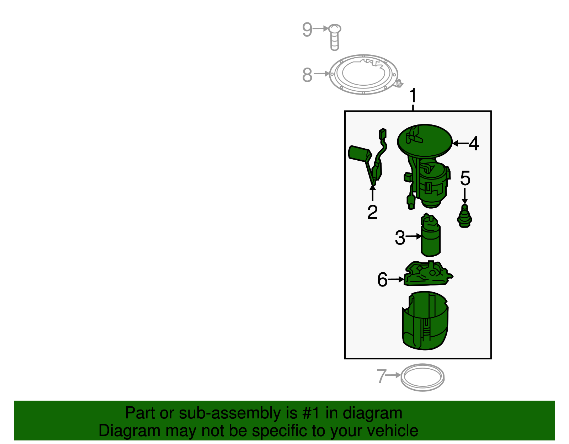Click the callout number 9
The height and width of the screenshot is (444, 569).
pyautogui.click(x=307, y=29)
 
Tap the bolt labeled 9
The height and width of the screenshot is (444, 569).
pyautogui.click(x=334, y=37)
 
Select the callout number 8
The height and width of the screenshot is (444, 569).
pyautogui.click(x=307, y=75)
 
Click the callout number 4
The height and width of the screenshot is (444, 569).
pyautogui.click(x=474, y=144)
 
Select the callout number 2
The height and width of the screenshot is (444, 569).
pyautogui.click(x=372, y=212)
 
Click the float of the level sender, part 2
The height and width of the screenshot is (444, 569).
pyautogui.click(x=359, y=153)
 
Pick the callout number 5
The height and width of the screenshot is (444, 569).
pyautogui.click(x=465, y=178)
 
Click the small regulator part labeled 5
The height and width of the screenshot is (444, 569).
pyautogui.click(x=464, y=216)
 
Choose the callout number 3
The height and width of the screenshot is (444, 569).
pyautogui.click(x=400, y=238)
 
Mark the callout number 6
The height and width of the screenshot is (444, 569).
pyautogui.click(x=382, y=279)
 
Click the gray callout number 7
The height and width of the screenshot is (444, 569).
pyautogui.click(x=381, y=376)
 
